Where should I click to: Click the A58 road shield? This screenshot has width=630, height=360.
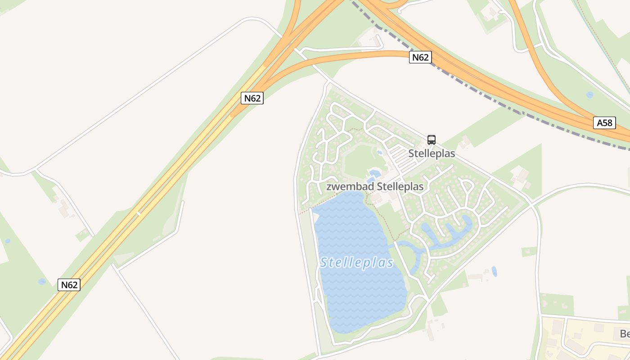(x=604, y=123)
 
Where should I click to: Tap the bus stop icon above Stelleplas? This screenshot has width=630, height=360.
(x=431, y=140)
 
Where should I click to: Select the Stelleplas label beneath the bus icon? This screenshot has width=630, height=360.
(x=432, y=153)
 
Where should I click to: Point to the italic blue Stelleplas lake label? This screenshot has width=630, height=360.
(x=357, y=263)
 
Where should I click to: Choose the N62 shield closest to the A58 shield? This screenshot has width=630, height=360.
(x=420, y=57)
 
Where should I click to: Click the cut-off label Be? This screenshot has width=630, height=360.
(x=625, y=334)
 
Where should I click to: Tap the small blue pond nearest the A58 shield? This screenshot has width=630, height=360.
(x=589, y=95)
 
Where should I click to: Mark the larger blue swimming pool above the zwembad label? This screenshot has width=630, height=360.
(x=374, y=173)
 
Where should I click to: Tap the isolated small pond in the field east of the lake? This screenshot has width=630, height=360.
(x=494, y=271)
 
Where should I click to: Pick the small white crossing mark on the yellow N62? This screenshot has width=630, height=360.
(x=139, y=213)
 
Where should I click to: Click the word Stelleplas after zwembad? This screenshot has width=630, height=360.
(x=400, y=186)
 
